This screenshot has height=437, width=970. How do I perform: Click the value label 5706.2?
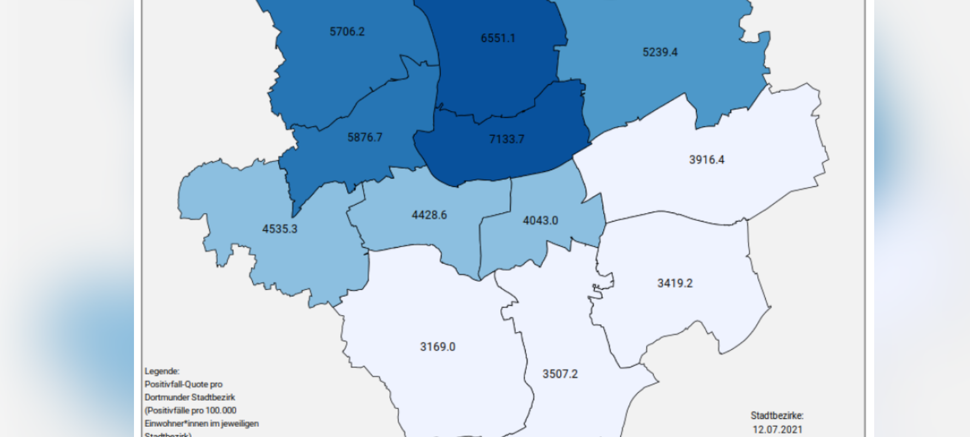pyautogui.click(x=347, y=32)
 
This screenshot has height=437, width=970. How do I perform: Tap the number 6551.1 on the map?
pyautogui.click(x=498, y=38)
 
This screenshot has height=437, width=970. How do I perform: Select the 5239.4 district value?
pyautogui.click(x=660, y=52)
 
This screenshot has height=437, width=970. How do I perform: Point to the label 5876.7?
pyautogui.click(x=365, y=137)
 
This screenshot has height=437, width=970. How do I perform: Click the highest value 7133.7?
pyautogui.click(x=506, y=139)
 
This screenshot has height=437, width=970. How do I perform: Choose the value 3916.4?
pyautogui.click(x=706, y=160)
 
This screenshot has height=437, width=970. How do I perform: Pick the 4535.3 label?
pyautogui.click(x=279, y=229)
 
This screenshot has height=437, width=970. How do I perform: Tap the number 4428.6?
pyautogui.click(x=429, y=215)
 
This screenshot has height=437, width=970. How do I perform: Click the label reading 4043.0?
pyautogui.click(x=540, y=220)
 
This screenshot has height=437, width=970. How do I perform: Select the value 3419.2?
pyautogui.click(x=675, y=283)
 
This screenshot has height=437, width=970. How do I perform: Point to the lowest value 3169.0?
pyautogui.click(x=437, y=347)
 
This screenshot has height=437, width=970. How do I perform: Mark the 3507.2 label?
pyautogui.click(x=560, y=374)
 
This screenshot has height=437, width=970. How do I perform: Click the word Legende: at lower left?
pyautogui.click(x=162, y=371)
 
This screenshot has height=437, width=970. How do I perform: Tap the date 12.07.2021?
pyautogui.click(x=777, y=429)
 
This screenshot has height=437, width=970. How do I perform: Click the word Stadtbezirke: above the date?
pyautogui.click(x=777, y=416)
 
